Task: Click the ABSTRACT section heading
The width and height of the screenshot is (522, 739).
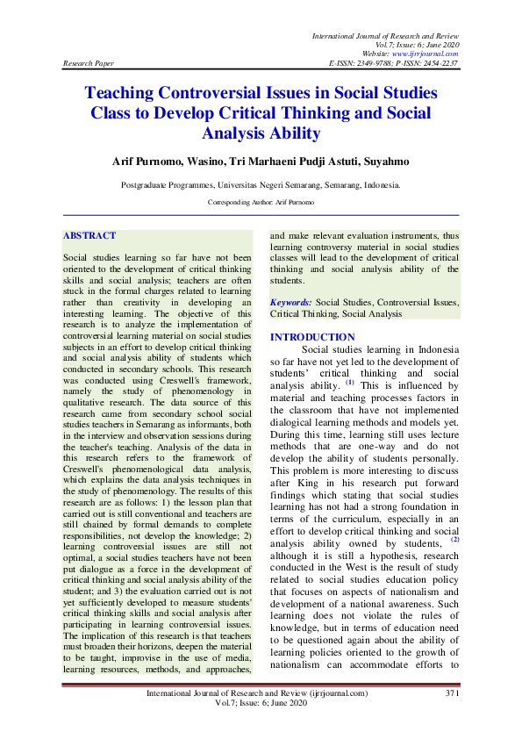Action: tap(89, 236)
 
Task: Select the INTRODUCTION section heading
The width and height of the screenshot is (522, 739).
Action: tap(312, 337)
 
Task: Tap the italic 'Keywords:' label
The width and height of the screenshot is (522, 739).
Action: tap(290, 301)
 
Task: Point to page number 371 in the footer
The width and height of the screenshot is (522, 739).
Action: tap(452, 693)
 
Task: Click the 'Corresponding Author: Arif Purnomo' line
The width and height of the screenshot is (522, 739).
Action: tap(261, 202)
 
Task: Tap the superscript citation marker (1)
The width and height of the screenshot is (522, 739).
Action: tap(349, 382)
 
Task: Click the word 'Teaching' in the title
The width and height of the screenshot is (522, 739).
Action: tap(125, 93)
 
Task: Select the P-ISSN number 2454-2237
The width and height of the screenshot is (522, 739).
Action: tap(439, 64)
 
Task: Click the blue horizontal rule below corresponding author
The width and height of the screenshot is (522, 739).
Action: tap(261, 215)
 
